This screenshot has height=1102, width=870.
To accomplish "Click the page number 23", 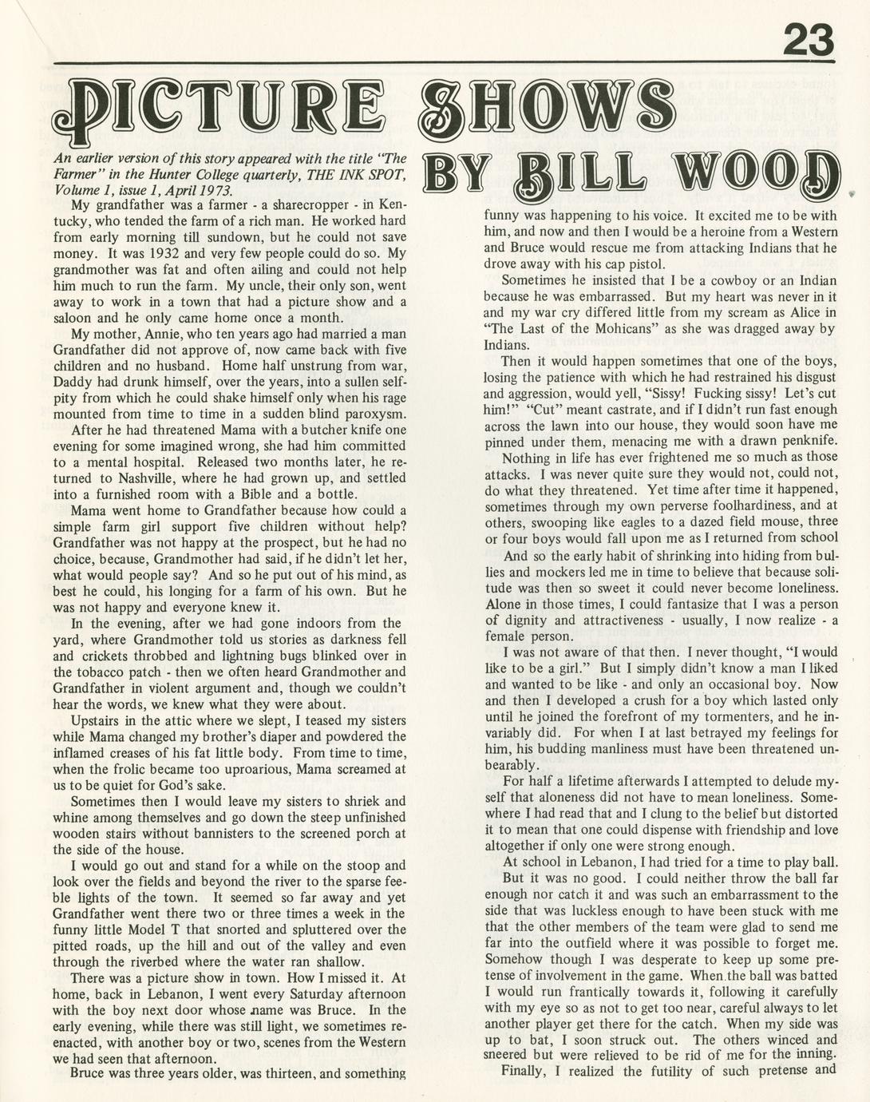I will [x=808, y=38].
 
